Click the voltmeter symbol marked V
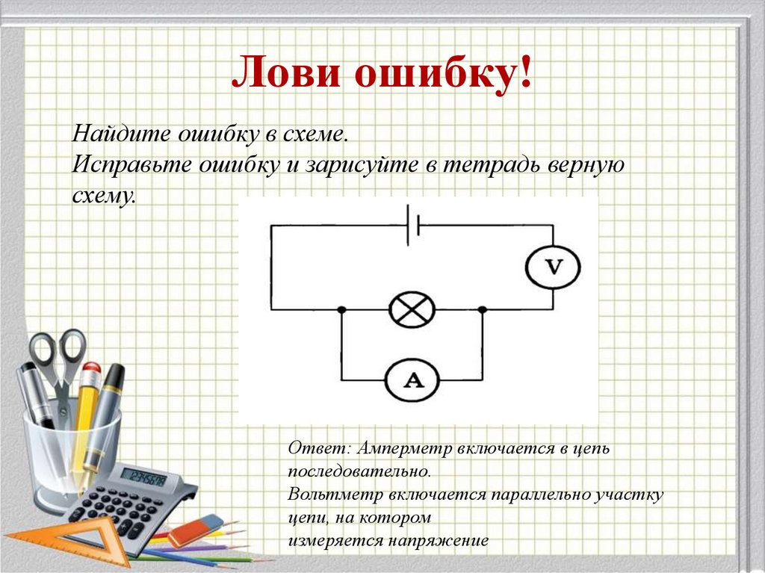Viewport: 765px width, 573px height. (553, 267)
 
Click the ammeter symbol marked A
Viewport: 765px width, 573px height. (412, 380)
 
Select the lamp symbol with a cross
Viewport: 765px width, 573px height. (412, 309)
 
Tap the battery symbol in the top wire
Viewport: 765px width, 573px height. (413, 225)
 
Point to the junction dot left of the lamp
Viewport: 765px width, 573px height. (341, 309)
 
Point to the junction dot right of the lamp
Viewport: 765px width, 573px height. (483, 309)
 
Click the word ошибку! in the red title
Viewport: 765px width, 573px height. (443, 73)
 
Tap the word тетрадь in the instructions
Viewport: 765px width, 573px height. (490, 164)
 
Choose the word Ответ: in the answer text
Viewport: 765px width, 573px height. (320, 447)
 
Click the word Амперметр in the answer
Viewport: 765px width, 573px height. (405, 448)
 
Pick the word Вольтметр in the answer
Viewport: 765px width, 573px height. (335, 495)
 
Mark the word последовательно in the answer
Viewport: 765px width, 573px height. (359, 471)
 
